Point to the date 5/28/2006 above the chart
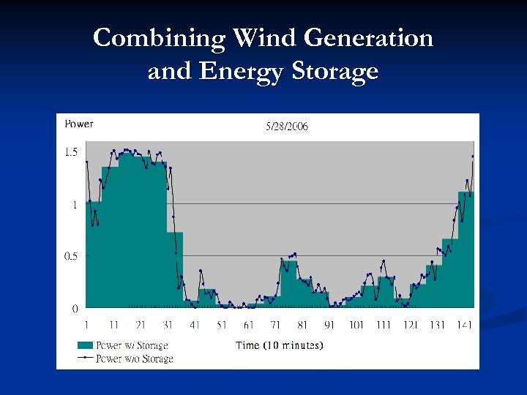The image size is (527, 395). [287, 127]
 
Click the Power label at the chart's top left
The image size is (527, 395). [79, 124]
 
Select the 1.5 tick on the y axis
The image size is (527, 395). [71, 152]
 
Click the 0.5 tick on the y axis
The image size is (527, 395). [71, 256]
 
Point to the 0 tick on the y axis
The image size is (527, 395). [75, 309]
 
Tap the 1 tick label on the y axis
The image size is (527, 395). [75, 205]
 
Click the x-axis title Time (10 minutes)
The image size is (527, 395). [279, 345]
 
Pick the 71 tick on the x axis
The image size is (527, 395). [276, 325]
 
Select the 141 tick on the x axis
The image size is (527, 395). [464, 325]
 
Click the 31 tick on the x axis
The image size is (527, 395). [168, 325]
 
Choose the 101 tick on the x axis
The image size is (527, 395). [356, 325]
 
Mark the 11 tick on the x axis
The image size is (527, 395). [114, 325]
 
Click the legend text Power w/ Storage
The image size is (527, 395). [132, 345]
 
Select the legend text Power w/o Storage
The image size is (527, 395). [135, 358]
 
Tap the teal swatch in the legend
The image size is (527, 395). [85, 345]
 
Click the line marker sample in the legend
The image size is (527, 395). [85, 358]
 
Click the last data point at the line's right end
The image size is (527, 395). [473, 156]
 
